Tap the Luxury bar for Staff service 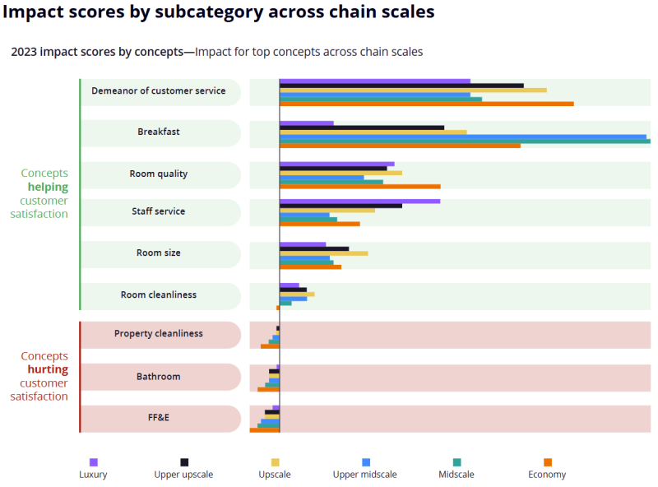[x=359, y=201]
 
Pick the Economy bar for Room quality [x=359, y=187]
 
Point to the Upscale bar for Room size [x=323, y=253]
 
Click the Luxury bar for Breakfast [x=306, y=123]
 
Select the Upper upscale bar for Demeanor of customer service [x=401, y=85]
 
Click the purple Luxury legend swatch [x=94, y=462]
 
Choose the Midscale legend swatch [x=457, y=462]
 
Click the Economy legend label [x=547, y=475]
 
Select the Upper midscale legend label [x=364, y=475]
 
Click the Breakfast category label [x=159, y=132]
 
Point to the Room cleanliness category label [x=159, y=295]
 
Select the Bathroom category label [x=158, y=377]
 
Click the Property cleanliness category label [x=159, y=333]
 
